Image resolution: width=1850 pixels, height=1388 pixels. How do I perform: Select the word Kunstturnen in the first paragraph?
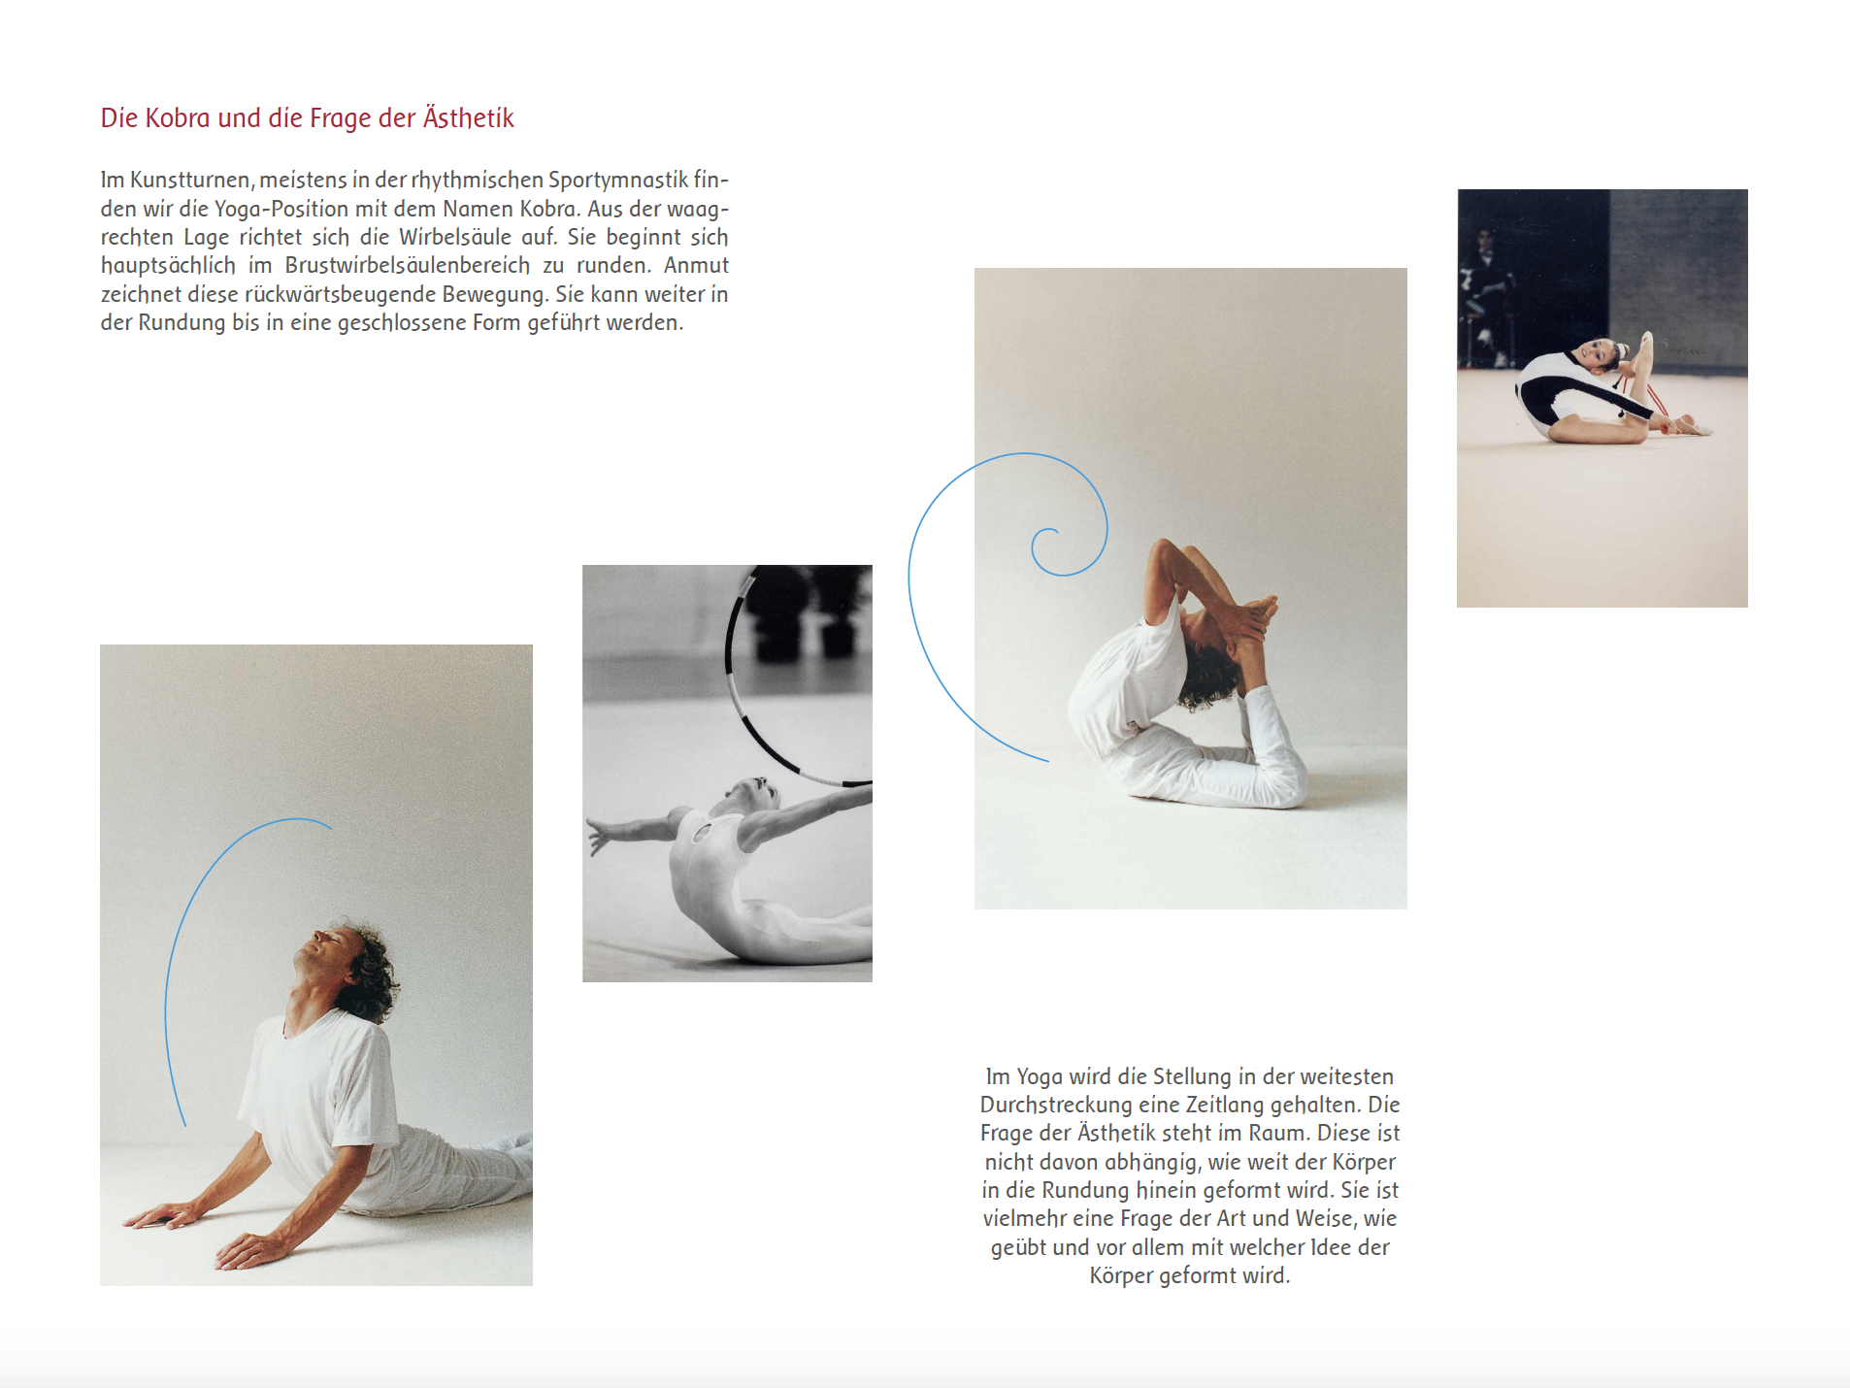192,180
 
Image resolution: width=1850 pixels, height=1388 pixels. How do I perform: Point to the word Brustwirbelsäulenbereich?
408,265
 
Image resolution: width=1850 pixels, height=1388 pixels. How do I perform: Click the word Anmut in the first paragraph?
696,265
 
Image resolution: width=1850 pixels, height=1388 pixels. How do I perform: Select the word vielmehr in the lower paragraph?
1025,1218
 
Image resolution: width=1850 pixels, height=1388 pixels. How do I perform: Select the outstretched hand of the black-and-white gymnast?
602,836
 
